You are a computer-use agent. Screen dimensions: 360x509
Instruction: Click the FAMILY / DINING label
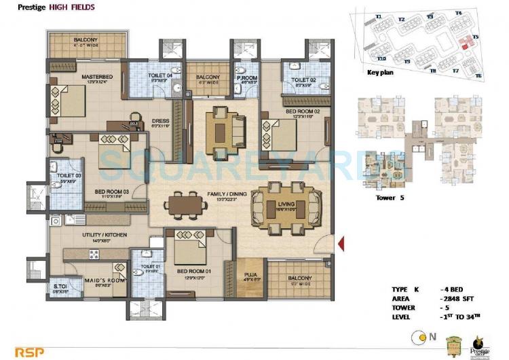click(x=225, y=194)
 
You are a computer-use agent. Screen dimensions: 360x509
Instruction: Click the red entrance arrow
click(x=341, y=242)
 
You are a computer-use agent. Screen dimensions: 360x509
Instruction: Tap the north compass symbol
click(x=423, y=335)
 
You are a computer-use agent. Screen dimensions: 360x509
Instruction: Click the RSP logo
click(x=16, y=352)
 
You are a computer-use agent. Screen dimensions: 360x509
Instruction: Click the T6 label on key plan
click(x=478, y=75)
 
